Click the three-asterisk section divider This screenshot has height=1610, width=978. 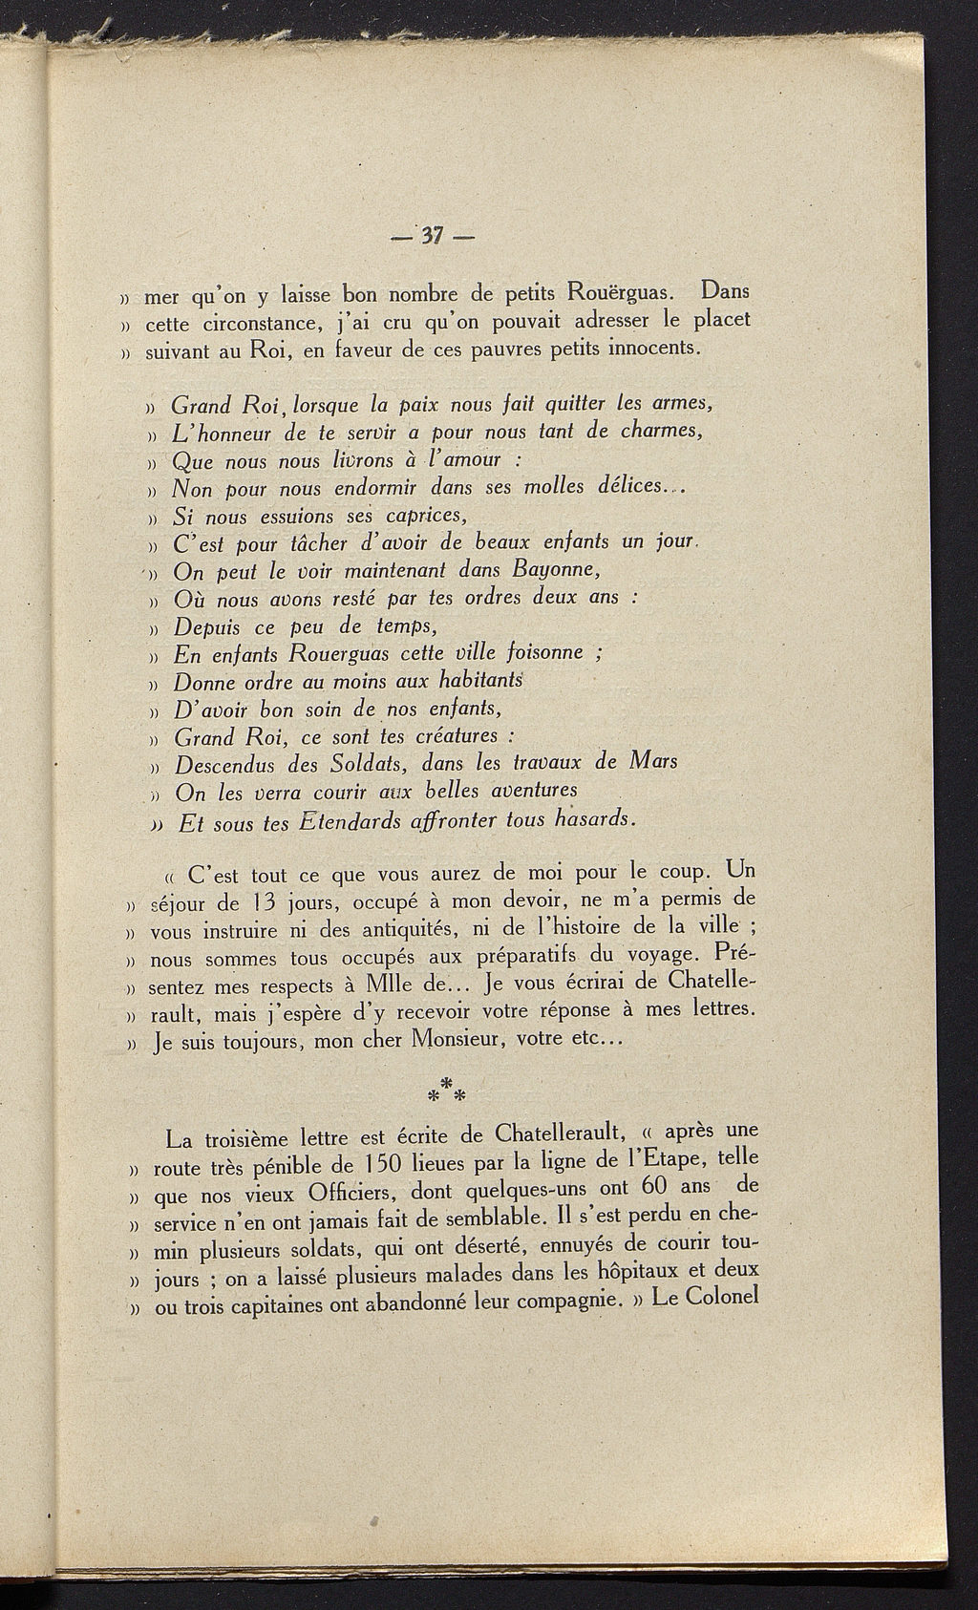[443, 1088]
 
